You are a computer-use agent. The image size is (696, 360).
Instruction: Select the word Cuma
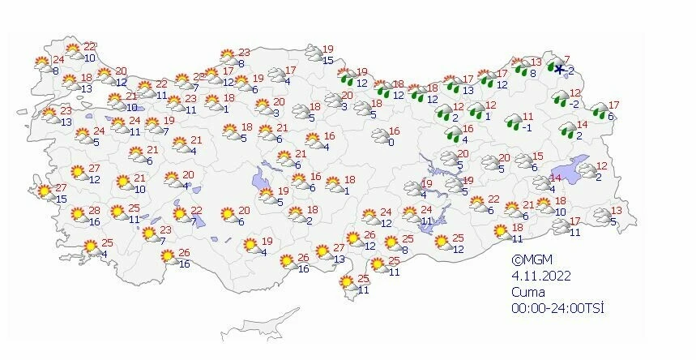pos(527,293)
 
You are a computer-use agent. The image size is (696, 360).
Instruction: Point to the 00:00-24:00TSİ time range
pos(557,309)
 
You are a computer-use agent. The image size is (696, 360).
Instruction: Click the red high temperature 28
pos(94,211)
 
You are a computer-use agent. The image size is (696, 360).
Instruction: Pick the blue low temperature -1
pos(526,126)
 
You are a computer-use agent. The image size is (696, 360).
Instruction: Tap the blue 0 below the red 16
pos(391,143)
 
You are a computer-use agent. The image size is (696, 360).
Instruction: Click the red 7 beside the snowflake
pos(567,59)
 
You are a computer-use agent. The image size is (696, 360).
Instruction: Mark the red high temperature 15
pos(536,156)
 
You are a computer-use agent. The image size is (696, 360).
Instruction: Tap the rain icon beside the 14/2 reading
pos(566,130)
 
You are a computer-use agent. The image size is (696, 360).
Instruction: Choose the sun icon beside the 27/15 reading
pos(44,192)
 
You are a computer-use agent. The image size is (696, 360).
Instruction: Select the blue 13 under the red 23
pos(66,122)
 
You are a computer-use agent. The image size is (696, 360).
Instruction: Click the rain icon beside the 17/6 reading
pos(600,110)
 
